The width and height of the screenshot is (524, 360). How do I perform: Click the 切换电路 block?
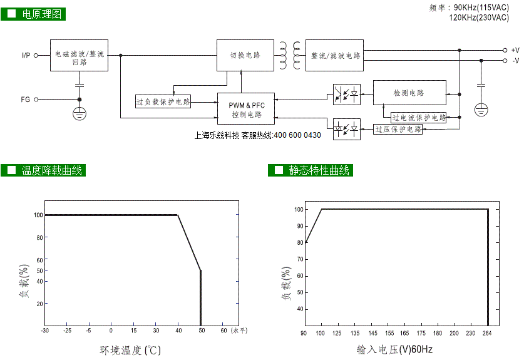point(245,55)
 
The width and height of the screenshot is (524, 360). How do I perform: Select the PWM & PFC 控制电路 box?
point(246,109)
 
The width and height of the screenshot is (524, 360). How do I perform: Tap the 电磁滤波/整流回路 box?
point(80,55)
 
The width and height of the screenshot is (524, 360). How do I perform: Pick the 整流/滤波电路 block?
point(334,55)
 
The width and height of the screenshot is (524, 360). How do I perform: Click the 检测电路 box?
point(409,93)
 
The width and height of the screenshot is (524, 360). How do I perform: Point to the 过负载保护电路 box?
point(163,101)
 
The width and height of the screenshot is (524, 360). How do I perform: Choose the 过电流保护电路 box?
point(418,118)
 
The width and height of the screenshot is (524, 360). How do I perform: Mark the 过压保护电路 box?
point(398,130)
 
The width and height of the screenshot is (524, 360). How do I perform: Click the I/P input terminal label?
point(26,56)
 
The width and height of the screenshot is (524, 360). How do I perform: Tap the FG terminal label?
point(26,100)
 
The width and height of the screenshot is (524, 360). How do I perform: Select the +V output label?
point(515,50)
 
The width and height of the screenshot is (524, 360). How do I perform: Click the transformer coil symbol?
point(290,55)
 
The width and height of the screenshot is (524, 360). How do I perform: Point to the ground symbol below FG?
point(80,114)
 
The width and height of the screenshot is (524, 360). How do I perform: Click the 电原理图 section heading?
point(33,14)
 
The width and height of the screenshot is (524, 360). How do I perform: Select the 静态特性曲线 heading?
point(311,170)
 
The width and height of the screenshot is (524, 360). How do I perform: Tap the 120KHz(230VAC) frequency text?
point(479,18)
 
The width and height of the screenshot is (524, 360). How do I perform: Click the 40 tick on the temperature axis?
point(178,331)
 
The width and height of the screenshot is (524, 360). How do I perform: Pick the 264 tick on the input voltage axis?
point(487,333)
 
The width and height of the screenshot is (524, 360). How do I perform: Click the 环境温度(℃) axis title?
point(130,351)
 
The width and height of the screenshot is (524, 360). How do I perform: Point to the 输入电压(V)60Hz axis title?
point(394,349)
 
